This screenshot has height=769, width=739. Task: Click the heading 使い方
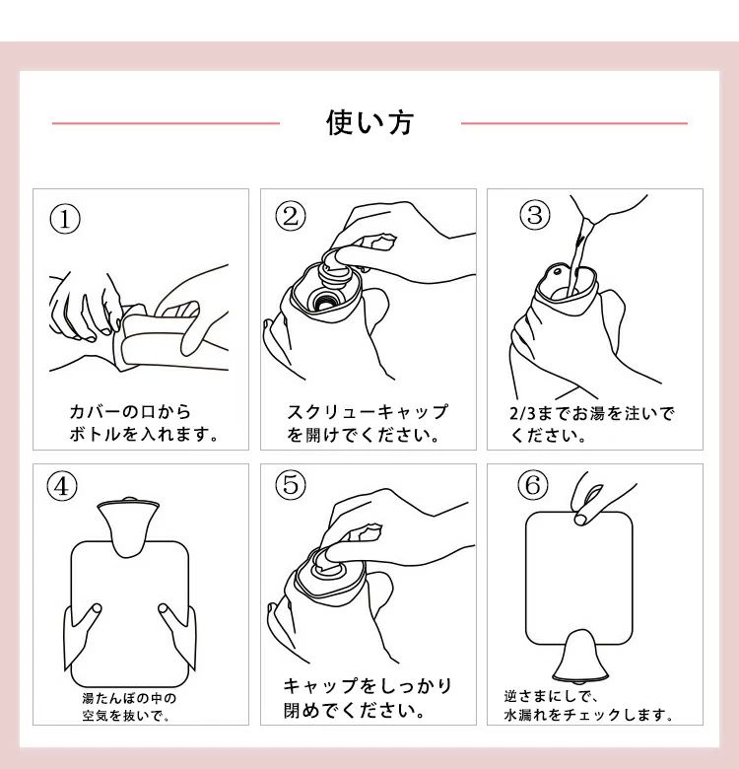point(369,122)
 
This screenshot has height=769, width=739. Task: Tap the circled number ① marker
point(65,219)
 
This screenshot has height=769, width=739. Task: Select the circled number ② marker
point(291,216)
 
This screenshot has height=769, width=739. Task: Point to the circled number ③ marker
point(535,215)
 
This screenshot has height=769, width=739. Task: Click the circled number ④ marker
point(62,487)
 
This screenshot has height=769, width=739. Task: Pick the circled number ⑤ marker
point(291,484)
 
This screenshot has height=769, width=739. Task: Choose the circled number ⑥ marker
point(533,485)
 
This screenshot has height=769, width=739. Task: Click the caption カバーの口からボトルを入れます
point(143,423)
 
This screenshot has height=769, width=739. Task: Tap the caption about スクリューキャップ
point(368,423)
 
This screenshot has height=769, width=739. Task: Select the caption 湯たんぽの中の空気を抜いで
point(129,707)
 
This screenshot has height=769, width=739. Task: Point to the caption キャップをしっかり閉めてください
point(368,697)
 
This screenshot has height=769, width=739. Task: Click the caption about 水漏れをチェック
point(588,706)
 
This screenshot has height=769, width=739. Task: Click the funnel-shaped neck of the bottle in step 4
point(128,528)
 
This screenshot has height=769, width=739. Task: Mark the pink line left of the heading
point(166,123)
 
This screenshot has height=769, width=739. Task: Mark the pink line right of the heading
point(574,123)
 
